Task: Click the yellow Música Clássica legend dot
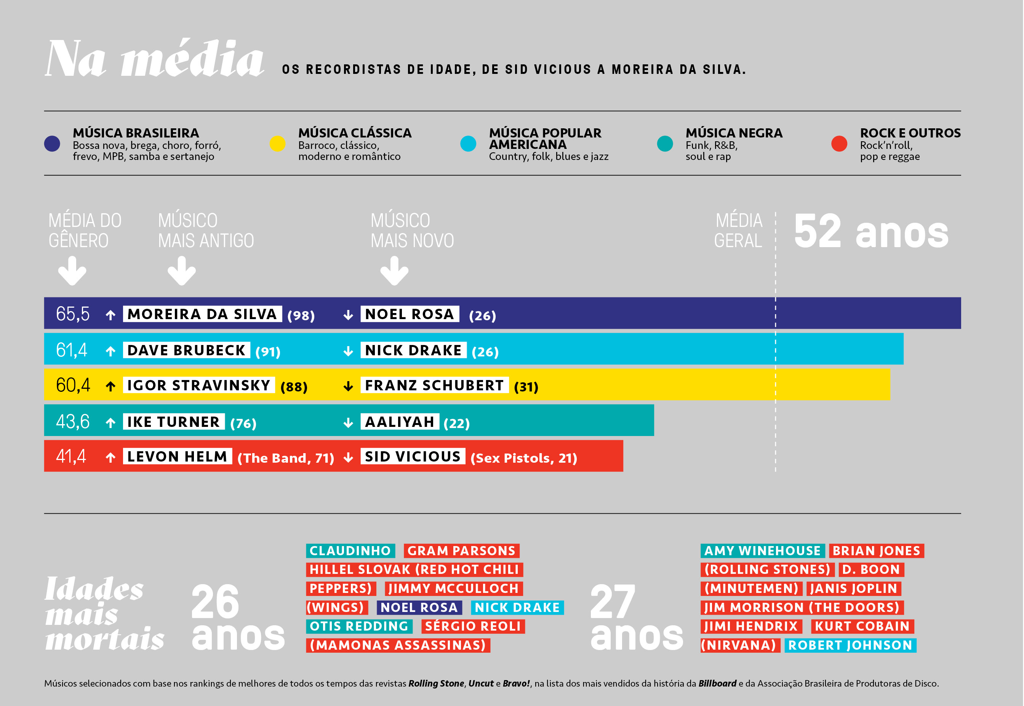(x=277, y=144)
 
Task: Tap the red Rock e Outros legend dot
(x=839, y=144)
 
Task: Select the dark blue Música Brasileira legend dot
(x=52, y=144)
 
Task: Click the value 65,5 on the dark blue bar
(x=73, y=314)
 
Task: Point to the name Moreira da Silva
(x=202, y=314)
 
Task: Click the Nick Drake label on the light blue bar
(x=413, y=350)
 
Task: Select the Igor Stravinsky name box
(x=199, y=385)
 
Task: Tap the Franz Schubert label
(x=434, y=385)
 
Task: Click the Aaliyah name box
(x=400, y=422)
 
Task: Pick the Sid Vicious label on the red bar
(x=413, y=457)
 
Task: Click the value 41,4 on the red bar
(x=71, y=456)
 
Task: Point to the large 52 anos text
(x=871, y=232)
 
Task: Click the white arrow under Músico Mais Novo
(x=394, y=271)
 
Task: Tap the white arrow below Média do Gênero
(x=72, y=271)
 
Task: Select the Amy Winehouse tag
(x=762, y=551)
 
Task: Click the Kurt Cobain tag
(x=862, y=626)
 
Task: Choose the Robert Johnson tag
(x=850, y=645)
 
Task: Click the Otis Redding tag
(x=359, y=626)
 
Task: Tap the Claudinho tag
(x=350, y=551)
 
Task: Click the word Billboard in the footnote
(x=717, y=684)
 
